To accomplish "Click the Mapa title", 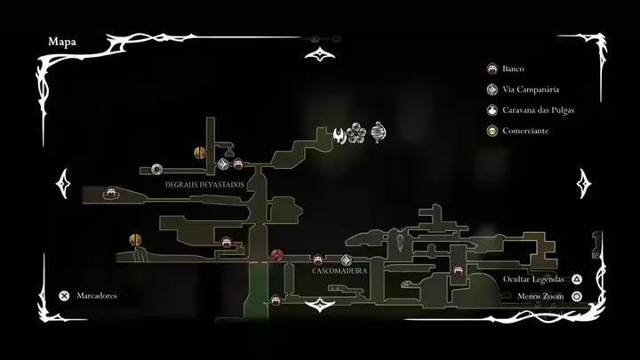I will pyautogui.click(x=62, y=41).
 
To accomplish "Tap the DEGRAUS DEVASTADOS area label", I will pyautogui.click(x=205, y=184).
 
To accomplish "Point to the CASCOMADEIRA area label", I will pyautogui.click(x=340, y=270).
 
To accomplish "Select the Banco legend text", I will pyautogui.click(x=513, y=68).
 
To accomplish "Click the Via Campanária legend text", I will pyautogui.click(x=530, y=89).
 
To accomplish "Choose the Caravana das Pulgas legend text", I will pyautogui.click(x=538, y=110).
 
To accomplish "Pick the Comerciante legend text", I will pyautogui.click(x=525, y=131).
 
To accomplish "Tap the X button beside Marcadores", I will pyautogui.click(x=64, y=295).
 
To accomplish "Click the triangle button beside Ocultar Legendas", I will pyautogui.click(x=577, y=278).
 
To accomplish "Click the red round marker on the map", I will pyautogui.click(x=276, y=255).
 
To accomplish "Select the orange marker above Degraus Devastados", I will pyautogui.click(x=200, y=153).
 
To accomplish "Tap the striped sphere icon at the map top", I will pyautogui.click(x=380, y=132).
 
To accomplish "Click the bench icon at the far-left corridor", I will pyautogui.click(x=110, y=192).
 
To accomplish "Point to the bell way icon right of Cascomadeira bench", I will pyautogui.click(x=346, y=260).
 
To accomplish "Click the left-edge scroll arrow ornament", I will pyautogui.click(x=63, y=184).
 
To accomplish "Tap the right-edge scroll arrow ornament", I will pyautogui.click(x=584, y=184).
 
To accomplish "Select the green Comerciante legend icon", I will pyautogui.click(x=492, y=132).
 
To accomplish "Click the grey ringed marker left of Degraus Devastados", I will pyautogui.click(x=156, y=169).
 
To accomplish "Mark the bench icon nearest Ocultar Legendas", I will pyautogui.click(x=459, y=270).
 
